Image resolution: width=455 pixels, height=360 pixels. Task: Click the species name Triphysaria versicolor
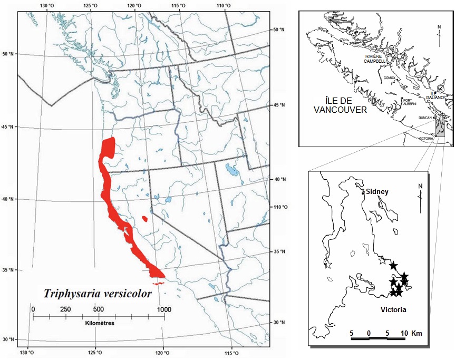click(98, 293)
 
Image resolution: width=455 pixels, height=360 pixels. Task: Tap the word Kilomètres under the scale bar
click(98, 322)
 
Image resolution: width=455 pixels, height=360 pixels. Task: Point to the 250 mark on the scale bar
click(66, 309)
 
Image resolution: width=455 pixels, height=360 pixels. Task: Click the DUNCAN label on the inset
click(425, 118)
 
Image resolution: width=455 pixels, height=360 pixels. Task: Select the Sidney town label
click(377, 192)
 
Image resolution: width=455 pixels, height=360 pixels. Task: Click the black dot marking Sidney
click(363, 192)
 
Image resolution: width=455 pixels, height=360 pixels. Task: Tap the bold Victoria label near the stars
click(393, 310)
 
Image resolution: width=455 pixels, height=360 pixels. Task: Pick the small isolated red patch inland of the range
click(145, 218)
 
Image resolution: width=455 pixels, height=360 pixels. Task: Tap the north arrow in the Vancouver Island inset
click(439, 30)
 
